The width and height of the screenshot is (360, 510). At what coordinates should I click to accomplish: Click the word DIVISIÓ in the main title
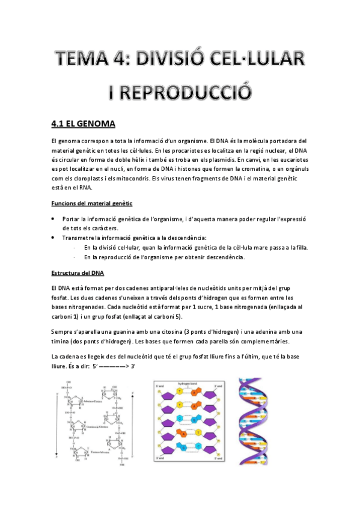174,60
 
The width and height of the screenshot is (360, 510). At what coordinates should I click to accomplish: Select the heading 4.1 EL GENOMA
84,124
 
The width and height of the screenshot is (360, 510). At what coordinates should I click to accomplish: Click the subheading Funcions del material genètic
92,204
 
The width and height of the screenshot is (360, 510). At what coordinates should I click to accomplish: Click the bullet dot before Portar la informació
54,219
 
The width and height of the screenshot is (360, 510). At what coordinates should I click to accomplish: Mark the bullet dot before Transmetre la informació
54,238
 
